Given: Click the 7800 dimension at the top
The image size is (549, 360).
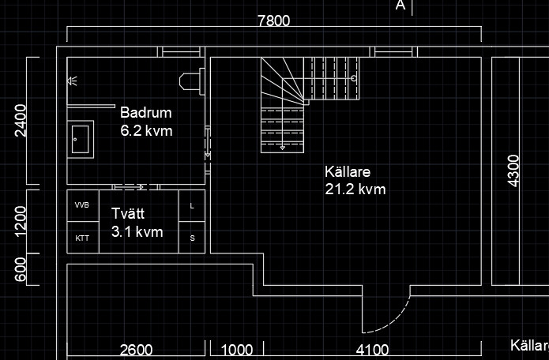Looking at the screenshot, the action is tap(274, 21).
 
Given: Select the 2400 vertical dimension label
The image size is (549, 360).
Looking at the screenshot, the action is tap(21, 120).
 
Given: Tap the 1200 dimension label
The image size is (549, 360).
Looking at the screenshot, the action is tap(21, 222).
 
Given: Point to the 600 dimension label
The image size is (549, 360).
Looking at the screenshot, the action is tap(21, 269).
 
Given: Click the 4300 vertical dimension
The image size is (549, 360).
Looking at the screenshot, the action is tap(513, 171).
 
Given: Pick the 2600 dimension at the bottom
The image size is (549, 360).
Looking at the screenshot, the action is tap(136, 350).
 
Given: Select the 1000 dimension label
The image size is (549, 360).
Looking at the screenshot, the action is tap(237, 350).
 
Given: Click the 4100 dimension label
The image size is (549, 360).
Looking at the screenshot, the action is tap(372, 350).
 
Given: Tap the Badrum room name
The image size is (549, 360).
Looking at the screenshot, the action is tap(146, 113).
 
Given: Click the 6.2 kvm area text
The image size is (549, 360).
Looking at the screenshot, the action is tap(146, 131).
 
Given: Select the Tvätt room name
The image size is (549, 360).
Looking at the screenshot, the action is tap(128, 213).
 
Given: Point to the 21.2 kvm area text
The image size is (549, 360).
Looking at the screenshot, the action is tap(355, 189).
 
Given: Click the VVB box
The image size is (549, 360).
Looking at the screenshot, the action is tap(83, 205).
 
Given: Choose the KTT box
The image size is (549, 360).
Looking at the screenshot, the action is tap(83, 238).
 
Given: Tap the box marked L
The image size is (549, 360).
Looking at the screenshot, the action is tap(192, 206).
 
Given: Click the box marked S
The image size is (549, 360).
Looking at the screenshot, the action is tap(192, 238).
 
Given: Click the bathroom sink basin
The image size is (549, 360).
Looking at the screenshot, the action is tap(81, 139).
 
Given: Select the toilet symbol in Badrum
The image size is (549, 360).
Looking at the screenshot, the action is tap(192, 81).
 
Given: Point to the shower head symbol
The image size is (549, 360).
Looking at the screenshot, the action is tap(72, 81).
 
